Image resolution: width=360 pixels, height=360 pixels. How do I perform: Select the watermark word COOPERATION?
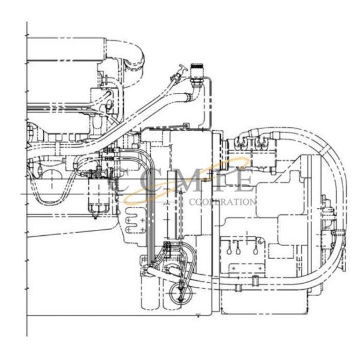pyautogui.click(x=223, y=202)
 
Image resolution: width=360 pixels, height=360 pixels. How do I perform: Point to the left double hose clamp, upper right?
pyautogui.click(x=242, y=142)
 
